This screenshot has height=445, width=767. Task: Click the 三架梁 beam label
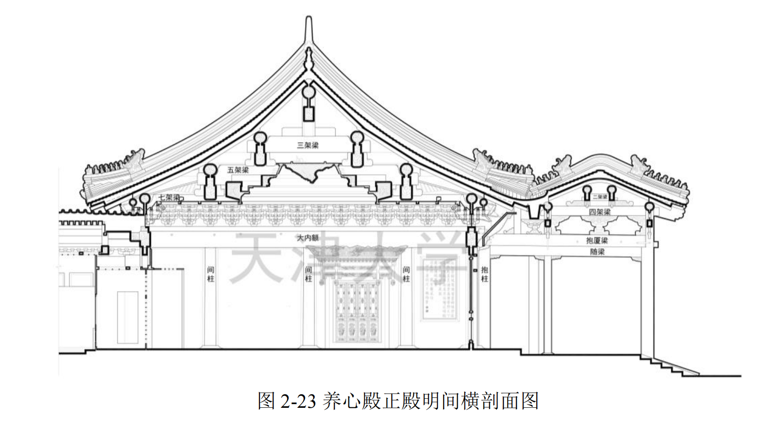point(307,146)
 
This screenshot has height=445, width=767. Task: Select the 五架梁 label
point(238,170)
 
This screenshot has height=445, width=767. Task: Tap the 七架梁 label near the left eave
point(169,197)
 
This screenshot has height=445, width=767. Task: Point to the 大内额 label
point(307,238)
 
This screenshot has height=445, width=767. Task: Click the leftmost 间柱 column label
point(210,274)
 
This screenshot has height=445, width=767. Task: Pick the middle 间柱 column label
point(308,274)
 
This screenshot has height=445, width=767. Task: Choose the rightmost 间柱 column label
point(406,274)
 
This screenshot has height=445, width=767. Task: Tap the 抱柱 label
point(484,274)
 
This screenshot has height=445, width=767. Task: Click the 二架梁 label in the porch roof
point(599,197)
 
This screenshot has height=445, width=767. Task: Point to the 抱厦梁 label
point(597,241)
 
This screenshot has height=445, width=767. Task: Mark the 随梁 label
point(597,252)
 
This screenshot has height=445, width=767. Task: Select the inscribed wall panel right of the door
point(439,290)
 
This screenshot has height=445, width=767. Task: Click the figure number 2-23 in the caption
point(298,402)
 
